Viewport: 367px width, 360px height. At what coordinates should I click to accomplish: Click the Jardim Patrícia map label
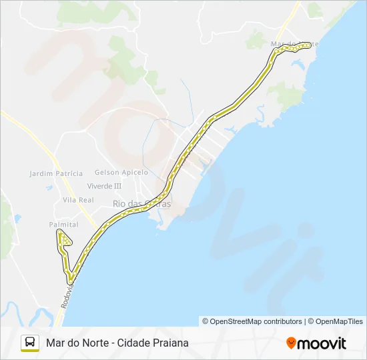pos(56,173)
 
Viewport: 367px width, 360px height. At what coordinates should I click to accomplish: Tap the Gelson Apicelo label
pos(121,172)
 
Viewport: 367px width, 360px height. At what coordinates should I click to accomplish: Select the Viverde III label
pos(104,186)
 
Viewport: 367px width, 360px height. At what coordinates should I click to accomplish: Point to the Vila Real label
pos(78,200)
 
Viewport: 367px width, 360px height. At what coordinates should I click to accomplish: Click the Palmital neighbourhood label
pos(63,225)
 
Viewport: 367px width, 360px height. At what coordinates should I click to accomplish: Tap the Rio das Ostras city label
pos(141,203)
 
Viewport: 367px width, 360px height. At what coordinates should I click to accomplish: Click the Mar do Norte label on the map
pos(294,44)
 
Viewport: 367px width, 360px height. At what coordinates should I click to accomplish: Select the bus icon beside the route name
pos(30,343)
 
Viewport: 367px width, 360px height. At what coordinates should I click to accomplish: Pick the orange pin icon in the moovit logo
pos(291,343)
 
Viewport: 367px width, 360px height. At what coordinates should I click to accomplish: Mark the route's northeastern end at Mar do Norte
pos(309,45)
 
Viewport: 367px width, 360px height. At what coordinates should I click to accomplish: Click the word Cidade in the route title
pos(133,343)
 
